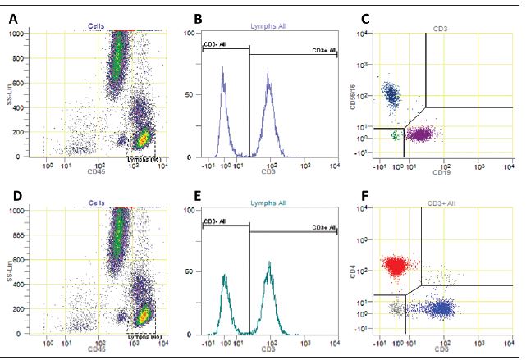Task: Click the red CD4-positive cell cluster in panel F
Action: click(396, 265)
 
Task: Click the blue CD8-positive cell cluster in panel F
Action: click(443, 309)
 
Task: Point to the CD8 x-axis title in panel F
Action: click(441, 347)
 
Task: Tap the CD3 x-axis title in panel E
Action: click(268, 348)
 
